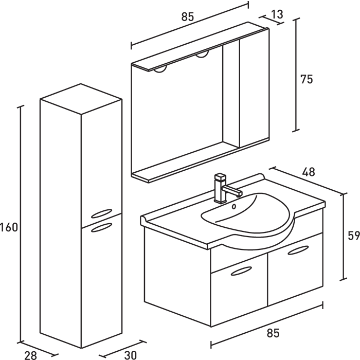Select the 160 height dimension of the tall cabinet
[9, 227]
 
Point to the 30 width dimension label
[130, 353]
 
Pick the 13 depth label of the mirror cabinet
[277, 14]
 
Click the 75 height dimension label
[306, 79]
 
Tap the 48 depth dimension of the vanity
[308, 172]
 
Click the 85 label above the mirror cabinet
[187, 16]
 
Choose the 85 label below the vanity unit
[273, 333]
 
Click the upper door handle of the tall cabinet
[101, 213]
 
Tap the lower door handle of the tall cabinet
[101, 226]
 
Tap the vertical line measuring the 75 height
[296, 75]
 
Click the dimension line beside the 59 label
[343, 236]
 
